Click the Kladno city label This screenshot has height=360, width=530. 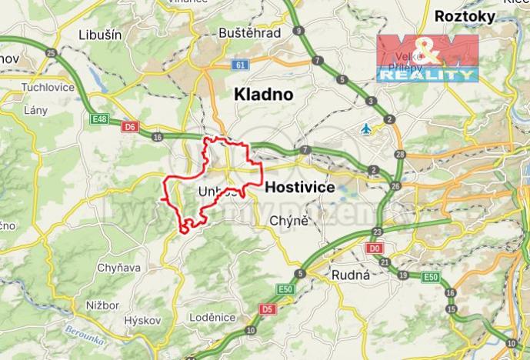click(x=263, y=95)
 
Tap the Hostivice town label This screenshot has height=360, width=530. click(x=299, y=187)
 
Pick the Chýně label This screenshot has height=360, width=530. click(x=289, y=222)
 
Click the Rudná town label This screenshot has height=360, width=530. click(x=351, y=274)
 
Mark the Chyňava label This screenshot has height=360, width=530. click(x=118, y=268)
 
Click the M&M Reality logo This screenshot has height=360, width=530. click(x=427, y=58)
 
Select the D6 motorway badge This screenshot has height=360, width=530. click(x=130, y=125)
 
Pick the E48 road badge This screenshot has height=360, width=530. click(x=98, y=120)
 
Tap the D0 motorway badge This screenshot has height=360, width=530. click(x=375, y=248)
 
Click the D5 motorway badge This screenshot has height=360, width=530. click(x=266, y=309)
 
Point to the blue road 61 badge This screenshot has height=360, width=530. click(x=241, y=65)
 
